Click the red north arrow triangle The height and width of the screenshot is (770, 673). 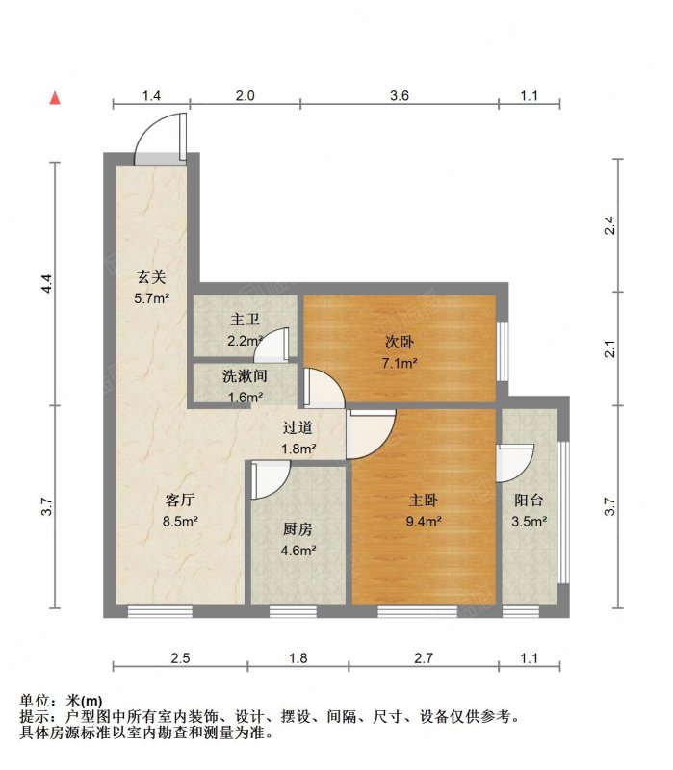coord(55,98)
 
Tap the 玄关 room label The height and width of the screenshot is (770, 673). coord(151,277)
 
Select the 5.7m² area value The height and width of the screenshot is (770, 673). coord(152,298)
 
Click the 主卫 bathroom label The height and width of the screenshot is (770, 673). coord(245,320)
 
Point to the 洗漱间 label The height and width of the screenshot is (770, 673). coord(245,376)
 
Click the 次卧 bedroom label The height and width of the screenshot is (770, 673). coord(400,342)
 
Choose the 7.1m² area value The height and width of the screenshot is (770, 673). coord(400,364)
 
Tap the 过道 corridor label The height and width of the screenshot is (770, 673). coord(298,427)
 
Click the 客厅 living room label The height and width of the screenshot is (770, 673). coord(180,500)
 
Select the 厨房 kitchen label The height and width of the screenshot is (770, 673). coord(298,529)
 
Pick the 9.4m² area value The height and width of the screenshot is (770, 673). coord(424,521)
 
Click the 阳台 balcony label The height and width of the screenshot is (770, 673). coord(530,500)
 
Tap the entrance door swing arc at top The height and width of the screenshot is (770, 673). coord(147,127)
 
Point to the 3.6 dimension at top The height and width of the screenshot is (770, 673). coord(400,95)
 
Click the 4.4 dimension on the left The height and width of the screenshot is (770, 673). coord(46,283)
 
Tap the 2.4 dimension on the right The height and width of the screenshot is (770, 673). coord(609,225)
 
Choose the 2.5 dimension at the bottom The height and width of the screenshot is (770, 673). coord(180,658)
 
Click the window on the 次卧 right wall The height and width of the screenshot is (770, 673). coord(503,351)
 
